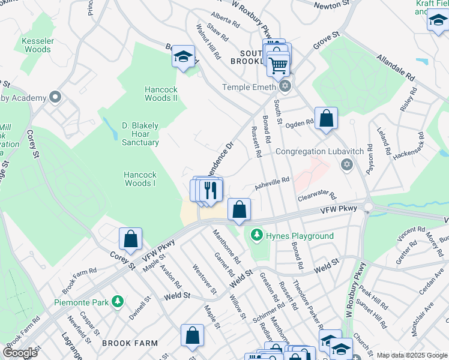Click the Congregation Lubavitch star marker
tap(346, 164)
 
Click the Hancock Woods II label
tap(161, 94)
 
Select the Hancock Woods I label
tap(140, 179)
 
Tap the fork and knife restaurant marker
tap(211, 190)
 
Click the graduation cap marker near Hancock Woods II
tap(183, 57)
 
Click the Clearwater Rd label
tap(316, 196)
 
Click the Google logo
tap(20, 352)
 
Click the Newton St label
tap(331, 5)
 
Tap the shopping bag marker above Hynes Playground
tap(239, 210)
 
